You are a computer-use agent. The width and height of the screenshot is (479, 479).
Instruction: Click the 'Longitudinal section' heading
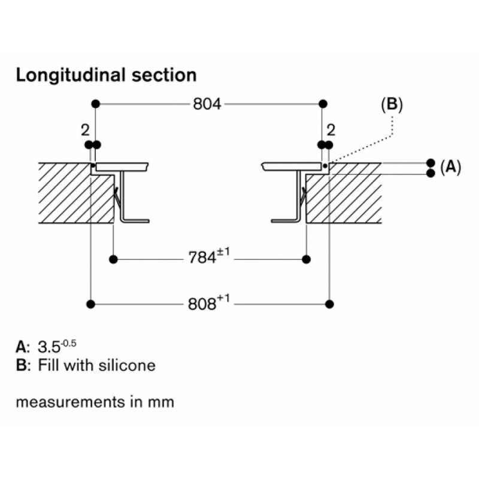(106, 75)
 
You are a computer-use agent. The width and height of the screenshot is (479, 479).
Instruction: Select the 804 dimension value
(207, 104)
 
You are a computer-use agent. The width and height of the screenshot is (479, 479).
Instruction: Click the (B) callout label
(392, 104)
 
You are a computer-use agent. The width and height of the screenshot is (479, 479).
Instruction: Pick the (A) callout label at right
(451, 168)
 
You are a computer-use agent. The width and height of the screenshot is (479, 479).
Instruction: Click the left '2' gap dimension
(84, 130)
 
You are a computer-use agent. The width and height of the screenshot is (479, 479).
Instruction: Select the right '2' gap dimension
(331, 130)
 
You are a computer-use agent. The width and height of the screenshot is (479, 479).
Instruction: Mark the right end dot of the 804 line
(323, 104)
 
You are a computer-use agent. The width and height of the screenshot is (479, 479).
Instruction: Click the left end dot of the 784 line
(113, 259)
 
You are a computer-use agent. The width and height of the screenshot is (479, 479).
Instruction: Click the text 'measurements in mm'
(95, 401)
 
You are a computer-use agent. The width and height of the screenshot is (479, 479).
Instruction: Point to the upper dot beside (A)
(430, 163)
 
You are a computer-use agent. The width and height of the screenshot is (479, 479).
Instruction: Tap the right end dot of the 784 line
(307, 259)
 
